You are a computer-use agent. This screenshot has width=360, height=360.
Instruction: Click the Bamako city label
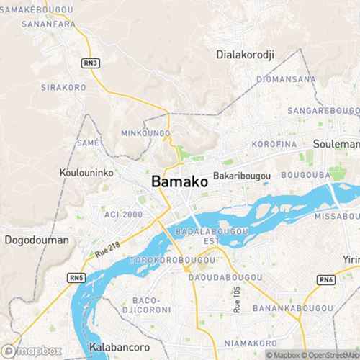click(180, 182)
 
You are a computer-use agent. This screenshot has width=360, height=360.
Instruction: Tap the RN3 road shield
click(90, 63)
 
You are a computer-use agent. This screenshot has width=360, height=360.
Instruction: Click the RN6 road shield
click(326, 279)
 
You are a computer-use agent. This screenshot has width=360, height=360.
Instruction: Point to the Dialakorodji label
click(246, 54)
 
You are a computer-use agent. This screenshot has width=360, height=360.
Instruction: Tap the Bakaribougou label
click(241, 176)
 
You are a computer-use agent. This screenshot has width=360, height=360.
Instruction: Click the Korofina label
click(274, 145)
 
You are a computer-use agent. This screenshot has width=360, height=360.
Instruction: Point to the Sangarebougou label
click(323, 111)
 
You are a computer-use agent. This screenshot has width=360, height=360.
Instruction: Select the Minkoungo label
click(145, 133)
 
